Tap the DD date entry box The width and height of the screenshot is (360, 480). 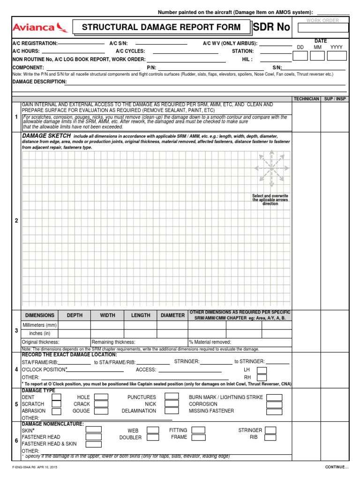pos(300,56)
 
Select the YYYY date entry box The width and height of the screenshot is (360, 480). pos(336,56)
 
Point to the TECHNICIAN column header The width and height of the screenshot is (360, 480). pos(306,99)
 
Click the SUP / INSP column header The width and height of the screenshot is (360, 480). pos(334,99)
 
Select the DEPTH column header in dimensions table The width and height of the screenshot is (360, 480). pos(75,315)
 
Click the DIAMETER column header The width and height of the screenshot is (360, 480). pos(172,315)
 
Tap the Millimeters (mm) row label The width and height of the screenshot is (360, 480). pos(40,325)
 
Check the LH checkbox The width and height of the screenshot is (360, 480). pos(262,370)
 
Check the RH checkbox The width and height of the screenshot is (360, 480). pos(262,377)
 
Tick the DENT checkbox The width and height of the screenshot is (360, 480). pos(56,397)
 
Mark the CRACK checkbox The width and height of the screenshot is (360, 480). pos(101,404)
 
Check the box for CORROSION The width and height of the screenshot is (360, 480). pos(274,404)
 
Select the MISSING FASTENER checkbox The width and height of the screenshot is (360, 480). pos(274,411)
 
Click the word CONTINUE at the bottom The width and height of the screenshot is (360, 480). pos(337,467)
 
